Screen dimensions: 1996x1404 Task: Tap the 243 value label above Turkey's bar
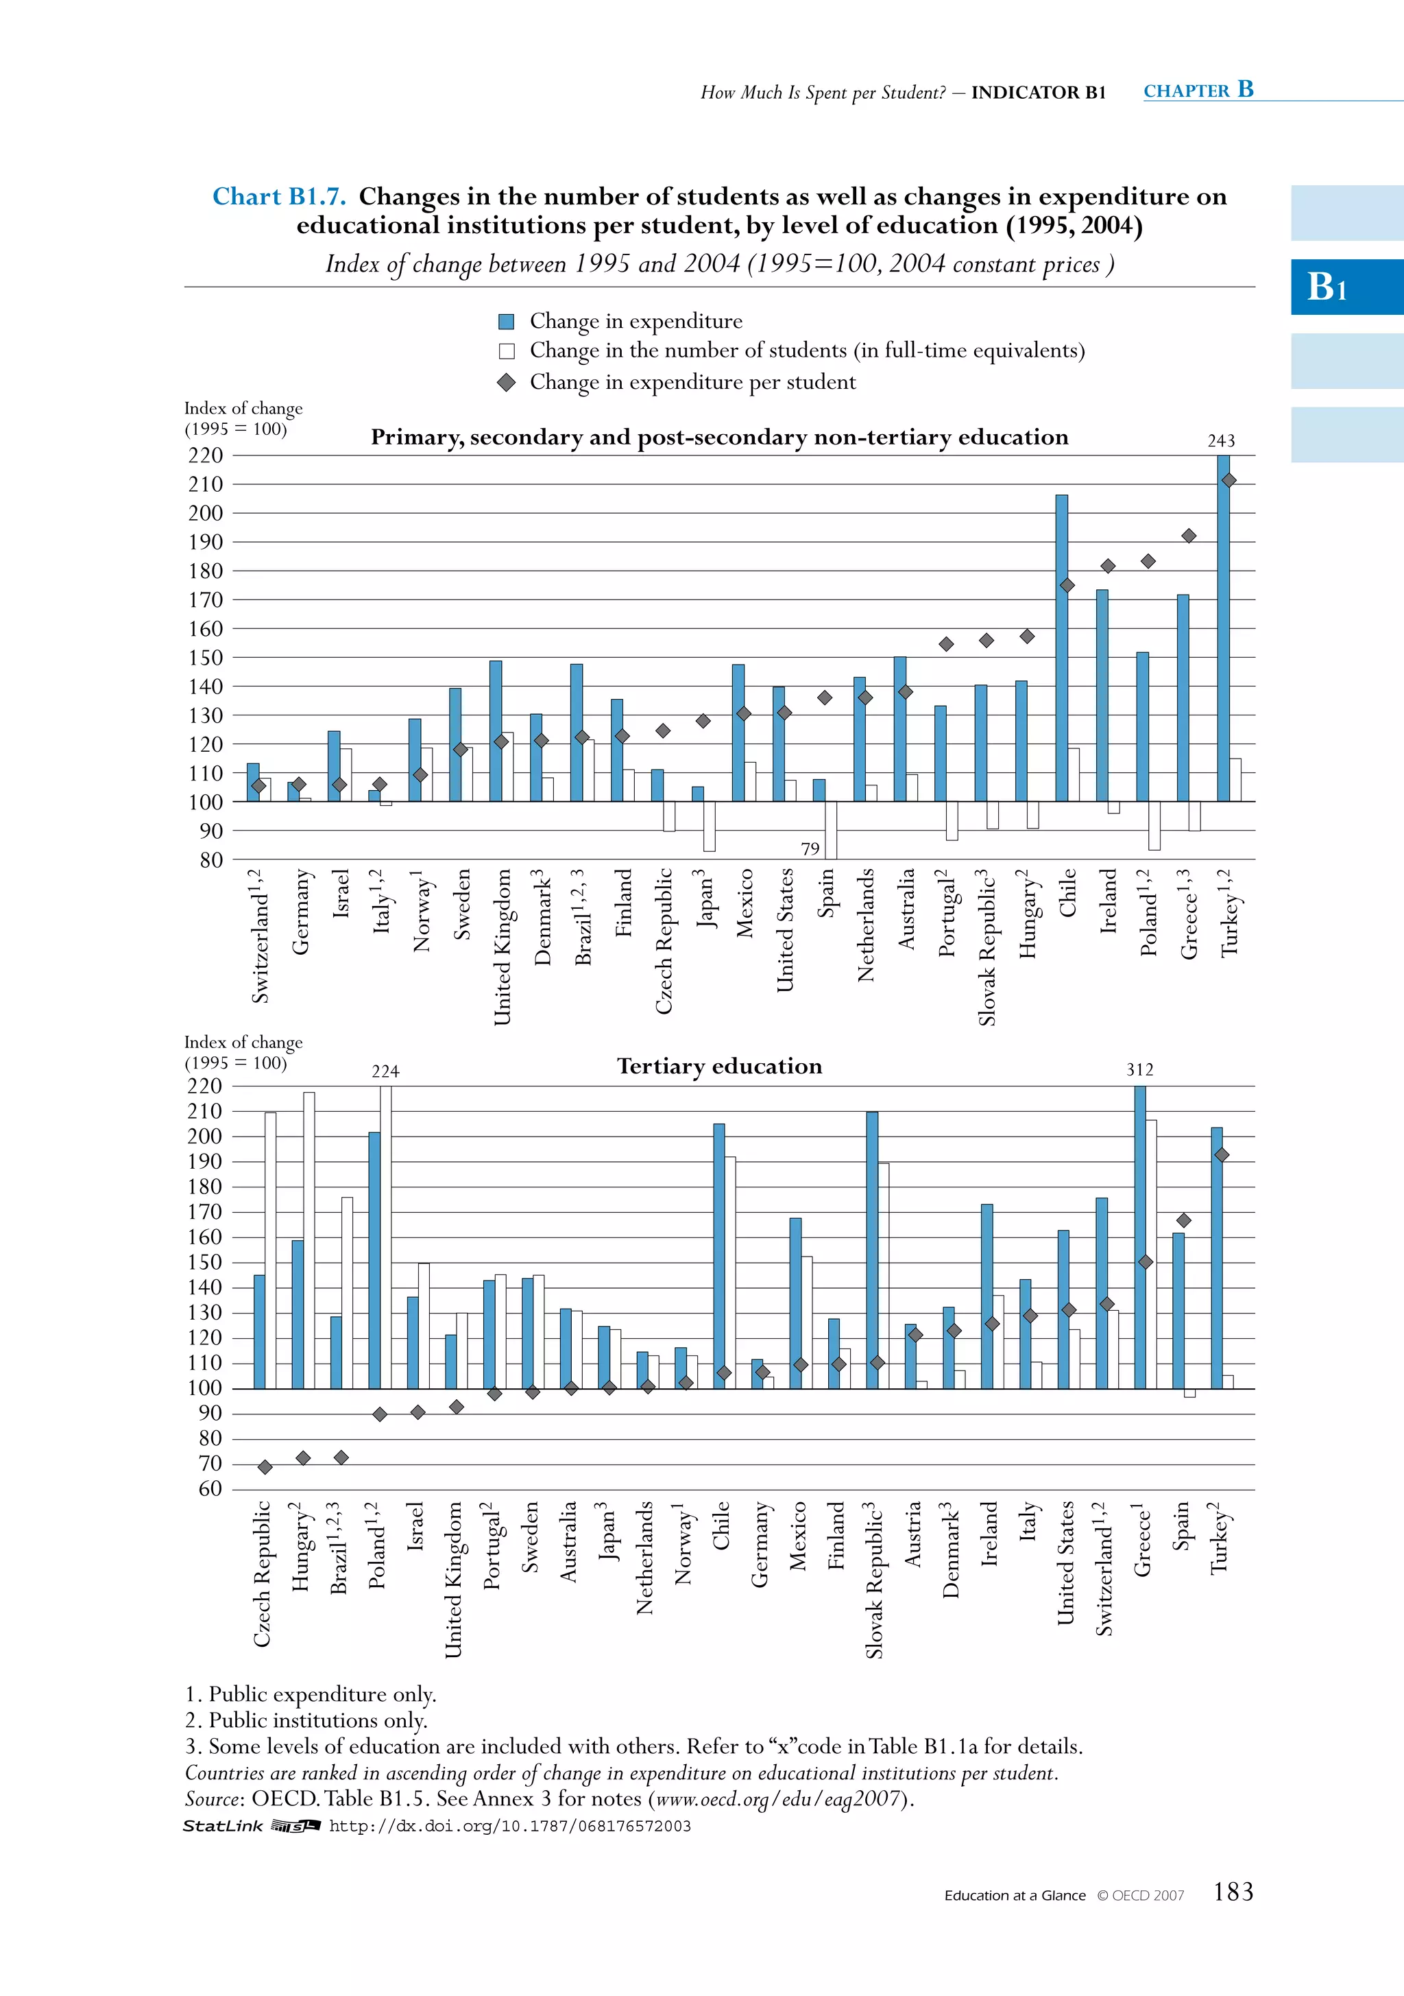1221,441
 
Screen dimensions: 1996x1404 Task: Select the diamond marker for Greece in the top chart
1189,536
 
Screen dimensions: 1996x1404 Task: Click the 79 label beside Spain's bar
810,848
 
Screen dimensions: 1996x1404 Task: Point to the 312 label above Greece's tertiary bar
1140,1070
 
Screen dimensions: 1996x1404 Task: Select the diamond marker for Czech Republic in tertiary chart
265,1467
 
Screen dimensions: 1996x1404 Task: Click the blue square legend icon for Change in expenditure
507,322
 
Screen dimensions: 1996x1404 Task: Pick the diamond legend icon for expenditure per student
507,383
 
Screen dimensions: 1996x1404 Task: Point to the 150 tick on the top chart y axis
206,658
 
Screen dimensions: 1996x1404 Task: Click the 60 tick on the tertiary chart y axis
210,1489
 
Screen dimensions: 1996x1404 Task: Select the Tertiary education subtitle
719,1067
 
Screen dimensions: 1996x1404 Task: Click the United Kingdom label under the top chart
503,947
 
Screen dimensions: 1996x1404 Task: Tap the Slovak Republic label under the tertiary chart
874,1579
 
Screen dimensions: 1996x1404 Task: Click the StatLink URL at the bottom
510,1827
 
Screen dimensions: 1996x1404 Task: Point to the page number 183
1233,1892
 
